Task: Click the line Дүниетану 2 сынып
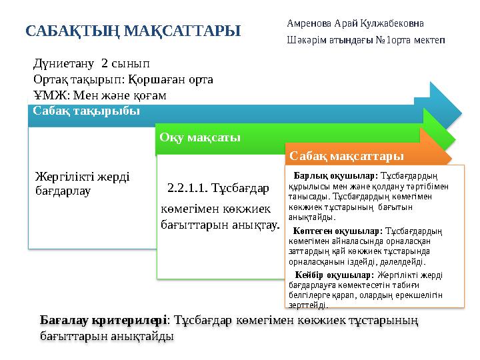pyautogui.click(x=92, y=65)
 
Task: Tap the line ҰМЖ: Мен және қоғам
pyautogui.click(x=99, y=95)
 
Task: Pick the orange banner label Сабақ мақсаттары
pyautogui.click(x=347, y=156)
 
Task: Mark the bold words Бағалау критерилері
pyautogui.click(x=103, y=321)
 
